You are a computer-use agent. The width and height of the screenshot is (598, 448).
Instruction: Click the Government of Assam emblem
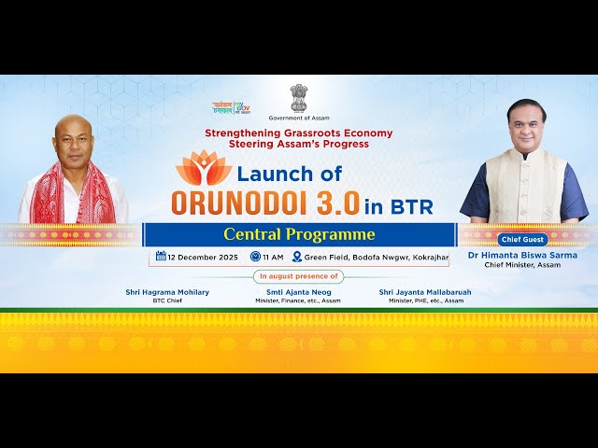pyautogui.click(x=298, y=97)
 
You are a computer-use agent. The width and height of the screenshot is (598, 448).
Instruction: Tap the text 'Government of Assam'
pyautogui.click(x=298, y=119)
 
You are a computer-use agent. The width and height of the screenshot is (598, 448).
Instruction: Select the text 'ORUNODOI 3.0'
pyautogui.click(x=270, y=203)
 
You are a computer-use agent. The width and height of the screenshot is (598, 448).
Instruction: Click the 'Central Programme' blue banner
pyautogui.click(x=299, y=234)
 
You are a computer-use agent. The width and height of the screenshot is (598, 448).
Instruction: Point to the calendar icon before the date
pyautogui.click(x=161, y=257)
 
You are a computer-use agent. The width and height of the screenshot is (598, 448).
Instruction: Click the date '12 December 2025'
pyautogui.click(x=203, y=257)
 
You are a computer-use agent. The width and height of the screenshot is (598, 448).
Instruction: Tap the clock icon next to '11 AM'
pyautogui.click(x=255, y=257)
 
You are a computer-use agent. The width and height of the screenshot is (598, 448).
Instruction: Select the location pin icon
pyautogui.click(x=297, y=257)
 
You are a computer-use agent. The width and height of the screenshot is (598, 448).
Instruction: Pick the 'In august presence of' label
pyautogui.click(x=298, y=276)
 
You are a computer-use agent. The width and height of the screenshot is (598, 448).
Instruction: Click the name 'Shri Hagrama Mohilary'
pyautogui.click(x=167, y=292)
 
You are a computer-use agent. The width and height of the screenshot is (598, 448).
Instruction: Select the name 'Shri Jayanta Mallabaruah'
pyautogui.click(x=425, y=292)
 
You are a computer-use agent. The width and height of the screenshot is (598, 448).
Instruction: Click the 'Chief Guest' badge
pyautogui.click(x=521, y=239)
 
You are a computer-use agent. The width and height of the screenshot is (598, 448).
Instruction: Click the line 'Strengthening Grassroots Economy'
pyautogui.click(x=298, y=133)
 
